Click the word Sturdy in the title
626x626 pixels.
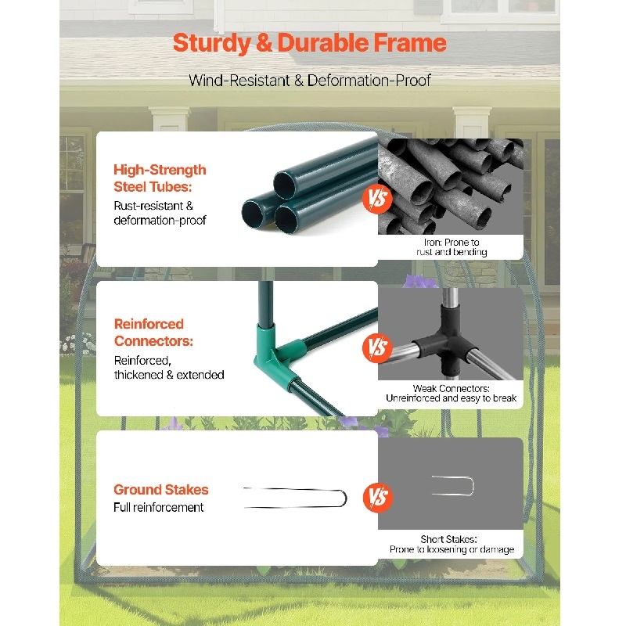pyautogui.click(x=211, y=43)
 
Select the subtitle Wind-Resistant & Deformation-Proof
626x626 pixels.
pyautogui.click(x=310, y=81)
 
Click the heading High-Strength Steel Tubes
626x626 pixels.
pyautogui.click(x=160, y=178)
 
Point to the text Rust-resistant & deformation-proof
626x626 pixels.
pyautogui.click(x=160, y=213)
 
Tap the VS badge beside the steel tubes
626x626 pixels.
pyautogui.click(x=377, y=199)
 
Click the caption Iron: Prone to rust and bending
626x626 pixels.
pyautogui.click(x=452, y=247)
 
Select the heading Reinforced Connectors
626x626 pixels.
pyautogui.click(x=153, y=332)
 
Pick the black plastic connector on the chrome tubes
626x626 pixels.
pyautogui.click(x=446, y=340)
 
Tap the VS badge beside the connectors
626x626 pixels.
pyautogui.click(x=377, y=347)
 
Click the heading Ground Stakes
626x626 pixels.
pyautogui.click(x=161, y=490)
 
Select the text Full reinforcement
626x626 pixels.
pyautogui.click(x=159, y=507)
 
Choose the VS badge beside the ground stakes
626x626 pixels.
pyautogui.click(x=378, y=498)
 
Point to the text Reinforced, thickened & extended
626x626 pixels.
pyautogui.click(x=169, y=367)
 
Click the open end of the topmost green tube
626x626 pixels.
pyautogui.click(x=285, y=185)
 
